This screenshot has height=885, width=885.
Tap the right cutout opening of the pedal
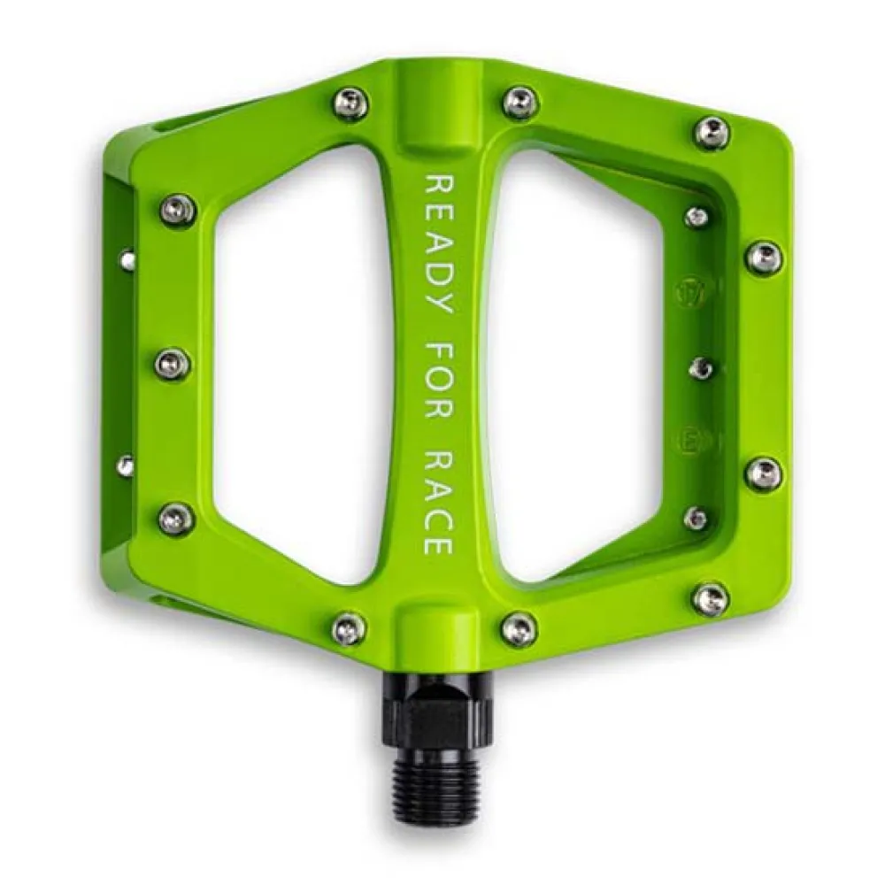tap(575, 372)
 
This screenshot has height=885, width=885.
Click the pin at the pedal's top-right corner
tap(712, 133)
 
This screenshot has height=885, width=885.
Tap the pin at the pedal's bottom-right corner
tap(711, 599)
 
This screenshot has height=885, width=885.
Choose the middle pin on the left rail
tap(173, 363)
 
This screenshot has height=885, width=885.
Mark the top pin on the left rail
tap(178, 211)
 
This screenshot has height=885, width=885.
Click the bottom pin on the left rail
tap(176, 518)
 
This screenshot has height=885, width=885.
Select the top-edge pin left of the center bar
tap(350, 104)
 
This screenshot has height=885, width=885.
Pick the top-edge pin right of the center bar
tap(520, 102)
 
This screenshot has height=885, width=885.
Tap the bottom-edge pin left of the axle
tap(350, 627)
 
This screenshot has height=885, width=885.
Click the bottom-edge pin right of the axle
tap(519, 630)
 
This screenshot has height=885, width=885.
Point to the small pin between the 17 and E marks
tap(701, 367)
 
